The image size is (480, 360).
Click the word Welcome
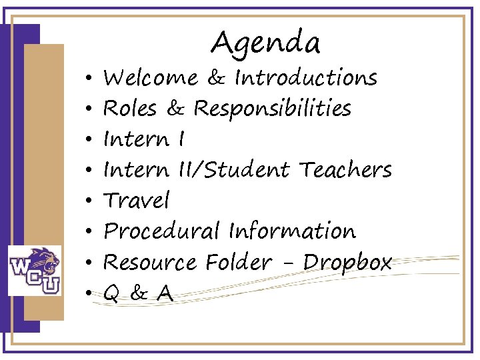[x=151, y=79]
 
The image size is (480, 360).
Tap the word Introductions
[x=306, y=79]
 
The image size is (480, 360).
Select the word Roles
[x=130, y=109]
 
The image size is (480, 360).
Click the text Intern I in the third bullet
[x=144, y=139]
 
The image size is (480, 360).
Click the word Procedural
[x=162, y=231]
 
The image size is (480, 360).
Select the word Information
[x=292, y=231]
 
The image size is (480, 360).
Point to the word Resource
[x=151, y=262]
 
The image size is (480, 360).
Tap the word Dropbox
[x=347, y=263]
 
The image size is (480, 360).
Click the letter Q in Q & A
[x=112, y=293]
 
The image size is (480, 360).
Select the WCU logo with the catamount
[x=34, y=270]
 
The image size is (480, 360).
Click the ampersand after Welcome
[x=215, y=79]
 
